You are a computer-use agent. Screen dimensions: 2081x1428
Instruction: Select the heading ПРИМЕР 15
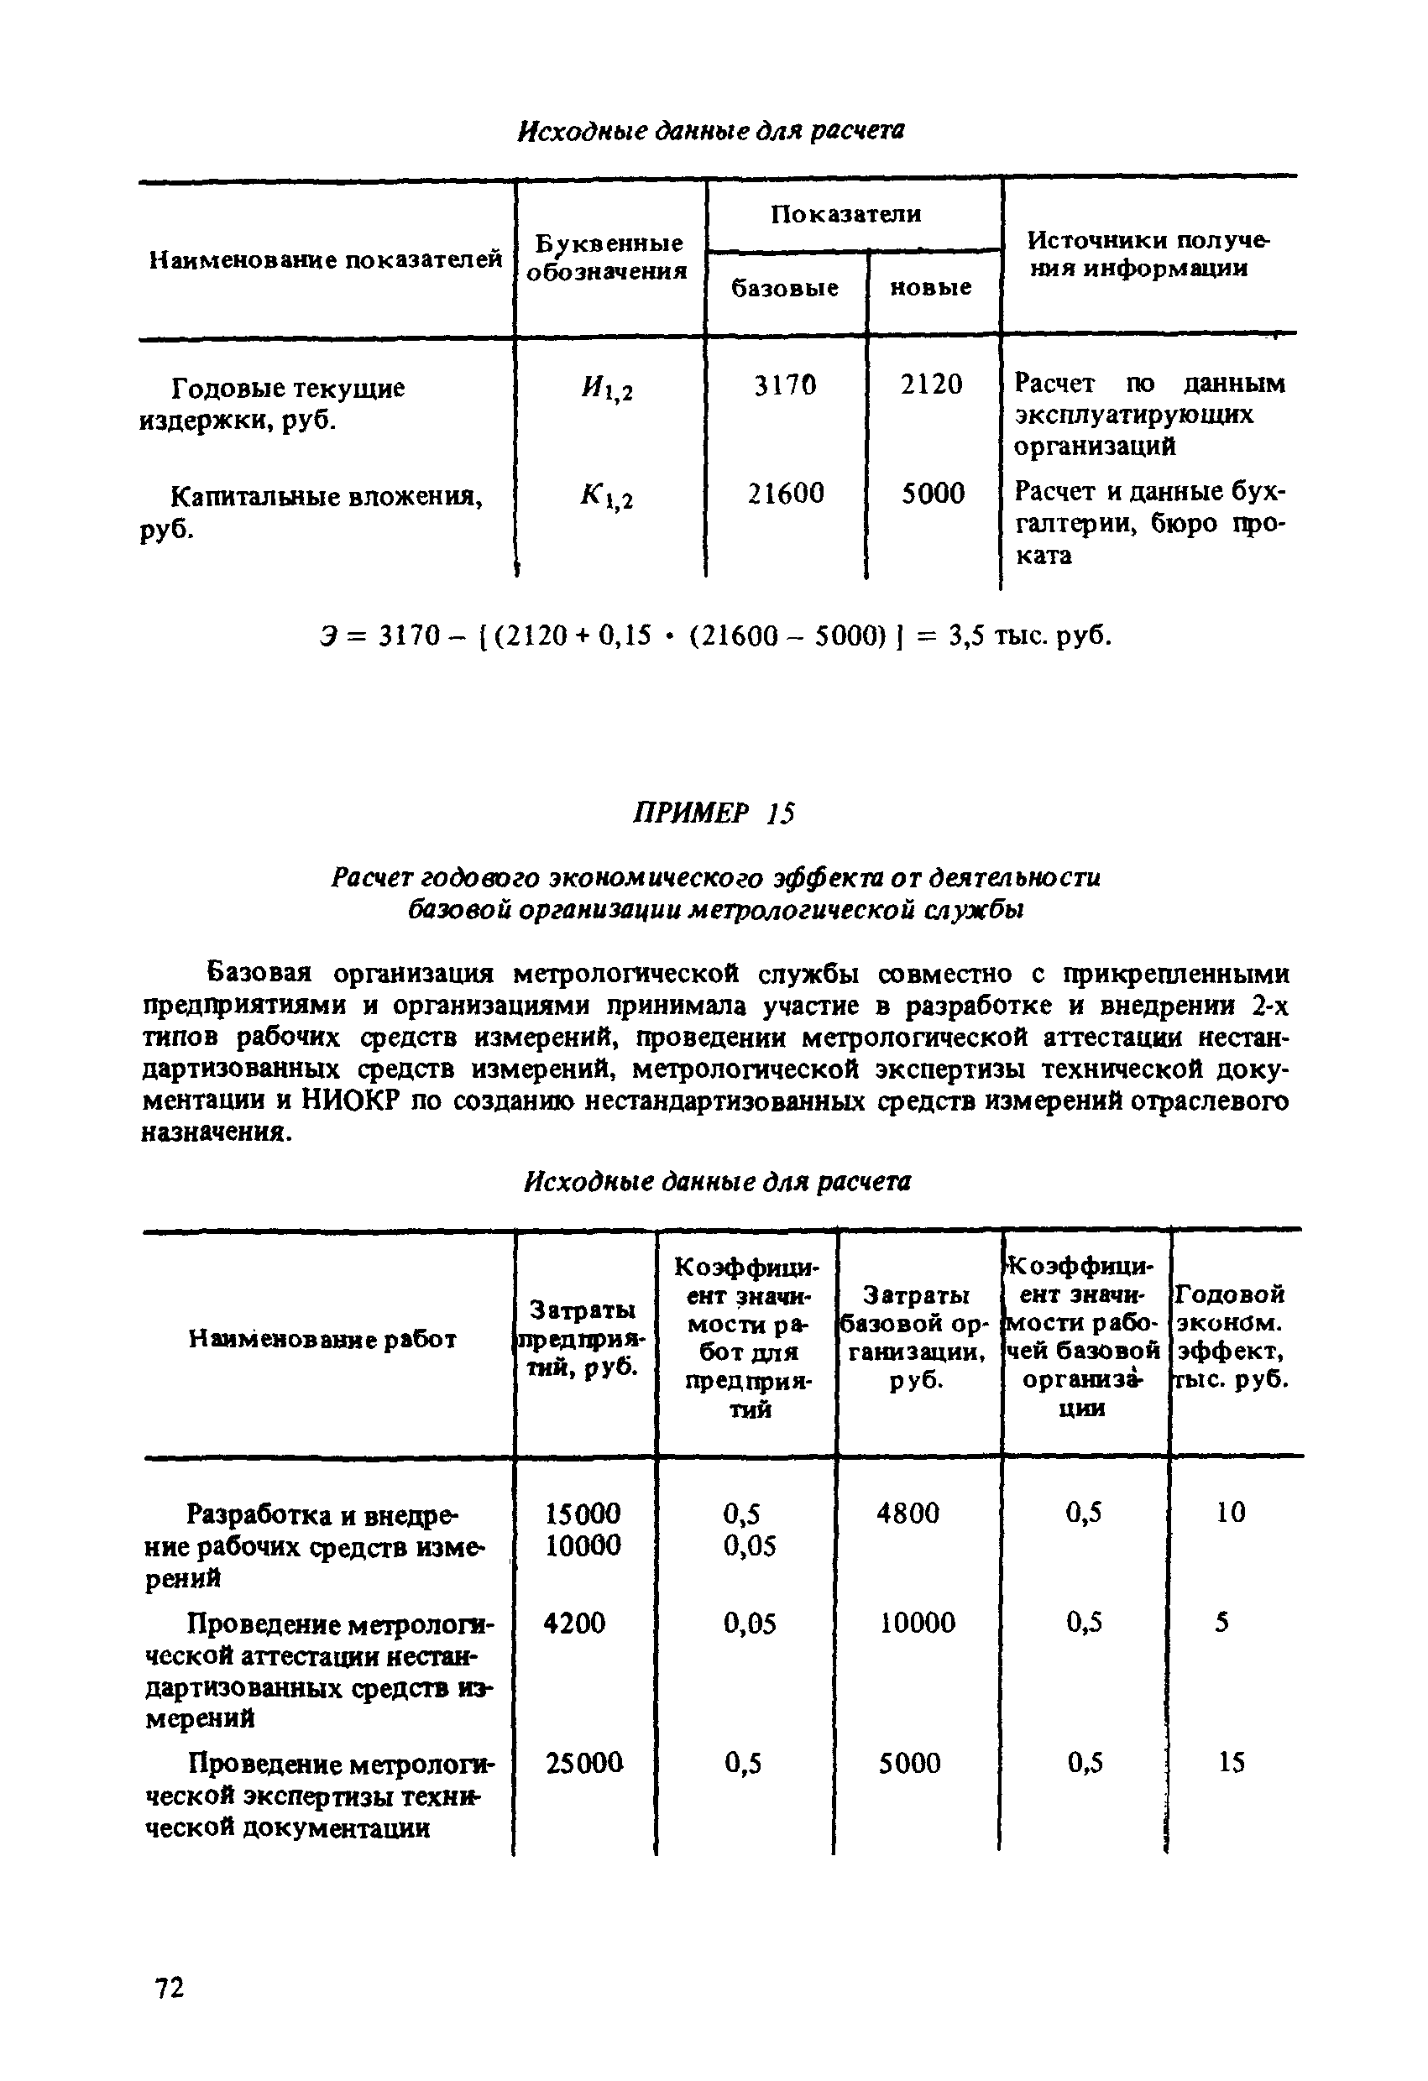(713, 812)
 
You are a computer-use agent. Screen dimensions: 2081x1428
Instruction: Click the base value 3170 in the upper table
(784, 385)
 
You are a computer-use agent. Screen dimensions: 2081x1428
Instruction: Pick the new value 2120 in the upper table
(931, 384)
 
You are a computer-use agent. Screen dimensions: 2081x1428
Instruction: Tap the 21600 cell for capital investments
(785, 494)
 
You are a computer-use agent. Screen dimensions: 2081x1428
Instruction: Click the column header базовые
(784, 287)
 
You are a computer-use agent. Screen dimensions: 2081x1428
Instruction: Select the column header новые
(930, 287)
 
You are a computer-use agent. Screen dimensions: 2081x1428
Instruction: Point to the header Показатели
(845, 213)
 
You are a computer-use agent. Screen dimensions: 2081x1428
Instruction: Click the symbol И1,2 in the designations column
(606, 388)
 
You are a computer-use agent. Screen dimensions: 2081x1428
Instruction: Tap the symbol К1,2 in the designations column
(606, 497)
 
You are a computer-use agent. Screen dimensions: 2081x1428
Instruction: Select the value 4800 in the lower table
(908, 1513)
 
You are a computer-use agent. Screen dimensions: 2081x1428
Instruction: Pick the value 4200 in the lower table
(574, 1623)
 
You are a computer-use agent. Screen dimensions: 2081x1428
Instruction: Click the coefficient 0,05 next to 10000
(750, 1545)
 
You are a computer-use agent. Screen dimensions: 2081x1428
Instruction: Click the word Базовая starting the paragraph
(259, 972)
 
